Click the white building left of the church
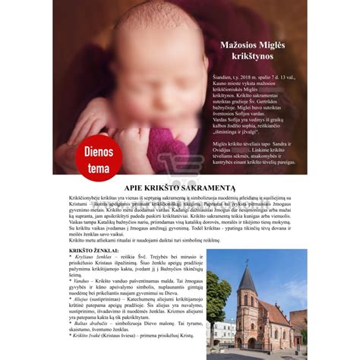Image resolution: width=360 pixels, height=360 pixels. [x=225, y=331]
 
